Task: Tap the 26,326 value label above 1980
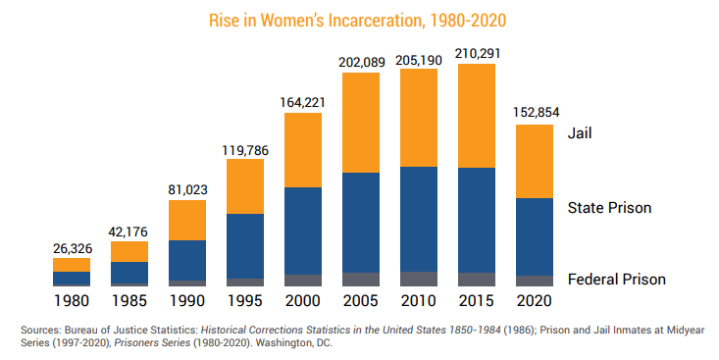coord(72,248)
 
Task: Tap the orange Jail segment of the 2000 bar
coord(303,149)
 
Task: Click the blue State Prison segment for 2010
coord(419,219)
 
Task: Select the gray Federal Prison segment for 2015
coord(477,280)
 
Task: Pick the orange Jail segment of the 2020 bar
coord(535,161)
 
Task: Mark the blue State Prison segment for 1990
coord(187,260)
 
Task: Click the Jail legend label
coord(581,132)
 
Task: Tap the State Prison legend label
coord(609,208)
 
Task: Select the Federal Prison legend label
coord(617,280)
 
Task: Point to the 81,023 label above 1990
coord(187,189)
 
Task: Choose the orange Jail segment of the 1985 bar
coord(129,251)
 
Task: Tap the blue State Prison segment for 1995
coord(245,245)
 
